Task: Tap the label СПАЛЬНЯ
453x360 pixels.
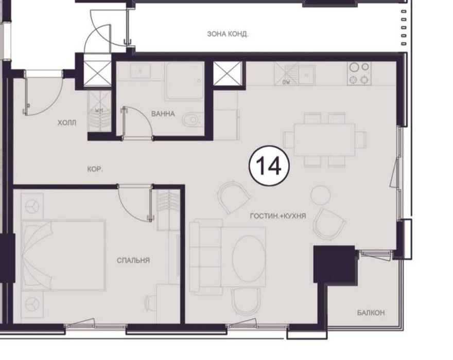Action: (133, 260)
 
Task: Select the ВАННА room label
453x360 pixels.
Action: (163, 114)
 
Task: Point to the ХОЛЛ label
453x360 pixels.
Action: (67, 123)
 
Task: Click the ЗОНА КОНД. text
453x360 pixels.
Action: (228, 34)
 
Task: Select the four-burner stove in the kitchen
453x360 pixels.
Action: (359, 73)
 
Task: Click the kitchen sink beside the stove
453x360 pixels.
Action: (307, 75)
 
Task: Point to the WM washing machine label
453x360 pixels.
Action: (98, 111)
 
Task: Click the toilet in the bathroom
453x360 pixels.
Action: (193, 120)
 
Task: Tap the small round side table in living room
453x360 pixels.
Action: (319, 194)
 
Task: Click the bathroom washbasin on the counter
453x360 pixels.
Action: (140, 70)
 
